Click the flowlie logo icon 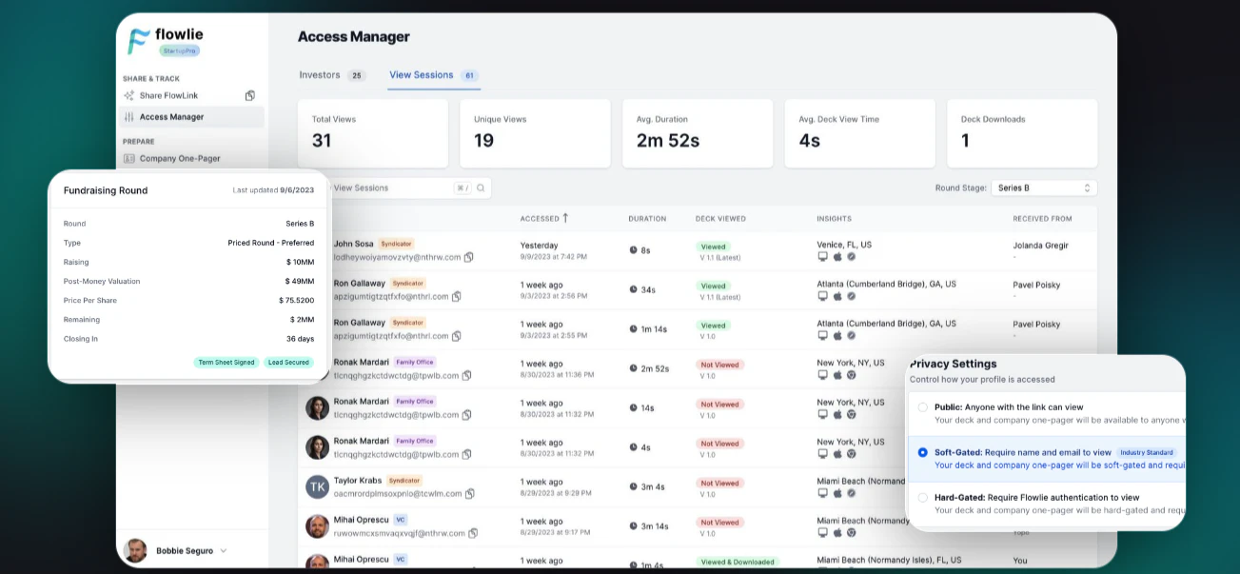[x=139, y=40]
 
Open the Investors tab [x=320, y=75]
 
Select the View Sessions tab [x=422, y=75]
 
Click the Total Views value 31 [x=322, y=141]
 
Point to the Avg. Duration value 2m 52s [x=667, y=141]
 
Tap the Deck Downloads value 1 [x=965, y=141]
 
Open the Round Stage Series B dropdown [x=1044, y=188]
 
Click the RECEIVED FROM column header [x=1042, y=219]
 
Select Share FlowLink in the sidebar [x=167, y=95]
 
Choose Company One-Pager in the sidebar [x=179, y=159]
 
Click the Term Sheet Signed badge [x=226, y=363]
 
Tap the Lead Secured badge [x=288, y=363]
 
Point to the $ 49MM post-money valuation [x=299, y=281]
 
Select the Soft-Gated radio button [x=922, y=452]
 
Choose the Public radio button [x=922, y=407]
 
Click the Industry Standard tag [x=1148, y=452]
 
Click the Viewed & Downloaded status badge [x=738, y=562]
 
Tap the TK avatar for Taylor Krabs [x=317, y=487]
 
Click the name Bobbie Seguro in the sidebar [x=185, y=550]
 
